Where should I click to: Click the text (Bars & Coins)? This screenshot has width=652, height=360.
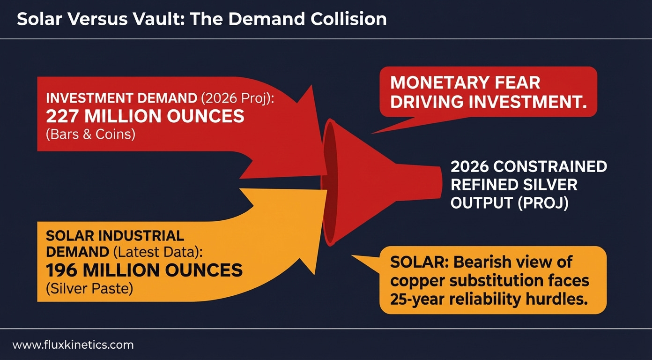coord(90,135)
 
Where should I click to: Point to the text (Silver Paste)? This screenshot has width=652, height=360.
coord(89,288)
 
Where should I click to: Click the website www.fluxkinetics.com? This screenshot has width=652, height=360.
coord(73,345)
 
